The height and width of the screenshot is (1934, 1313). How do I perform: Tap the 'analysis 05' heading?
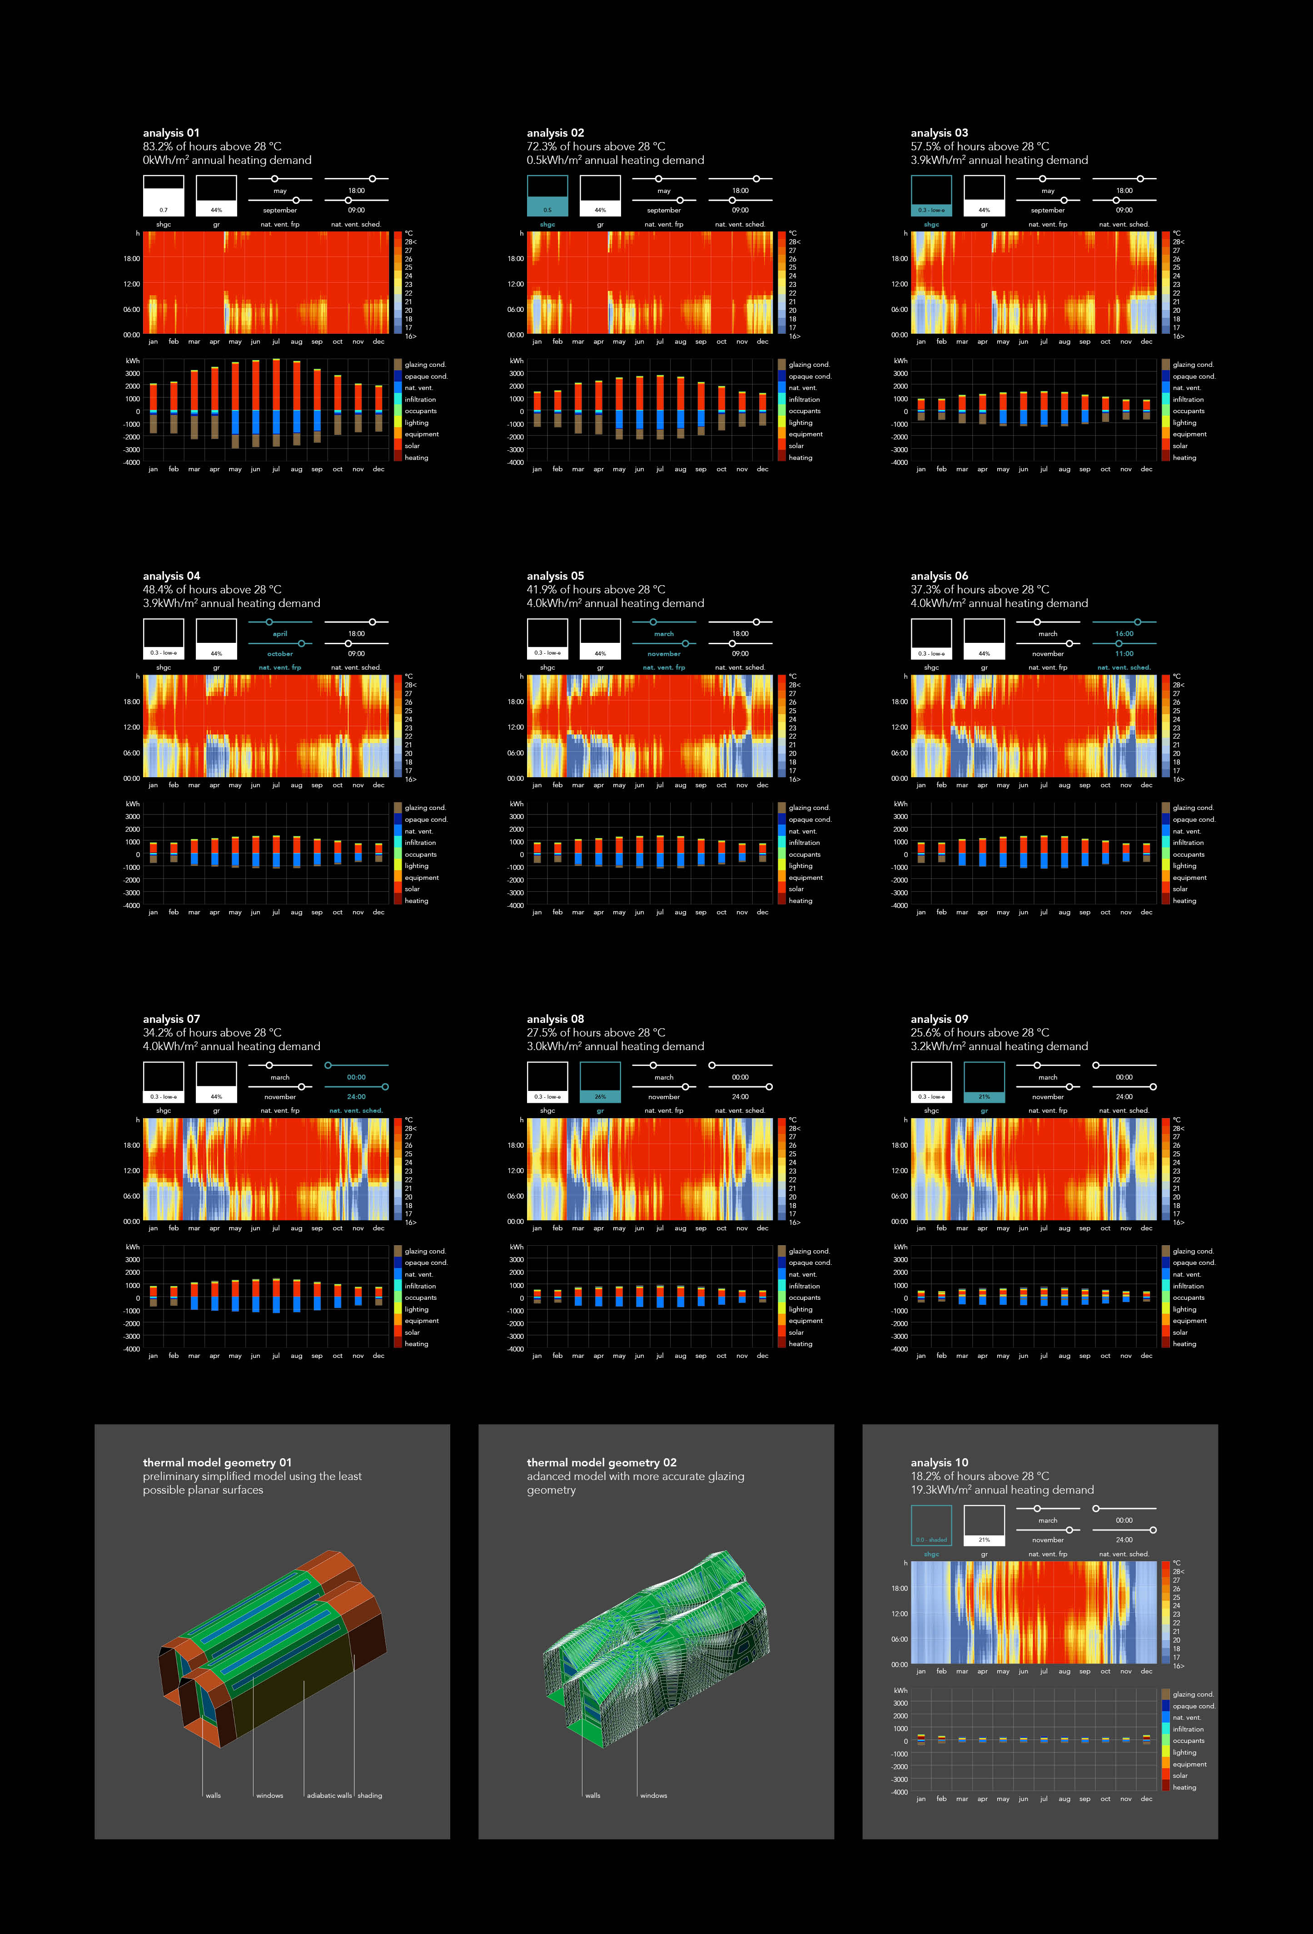555,576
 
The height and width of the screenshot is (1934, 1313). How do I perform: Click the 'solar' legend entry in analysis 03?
1180,446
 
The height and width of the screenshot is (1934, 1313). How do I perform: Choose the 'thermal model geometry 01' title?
216,1462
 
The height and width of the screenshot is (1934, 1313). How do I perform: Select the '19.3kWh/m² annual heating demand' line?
1002,1490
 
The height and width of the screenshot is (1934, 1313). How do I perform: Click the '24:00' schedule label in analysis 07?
356,1097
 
